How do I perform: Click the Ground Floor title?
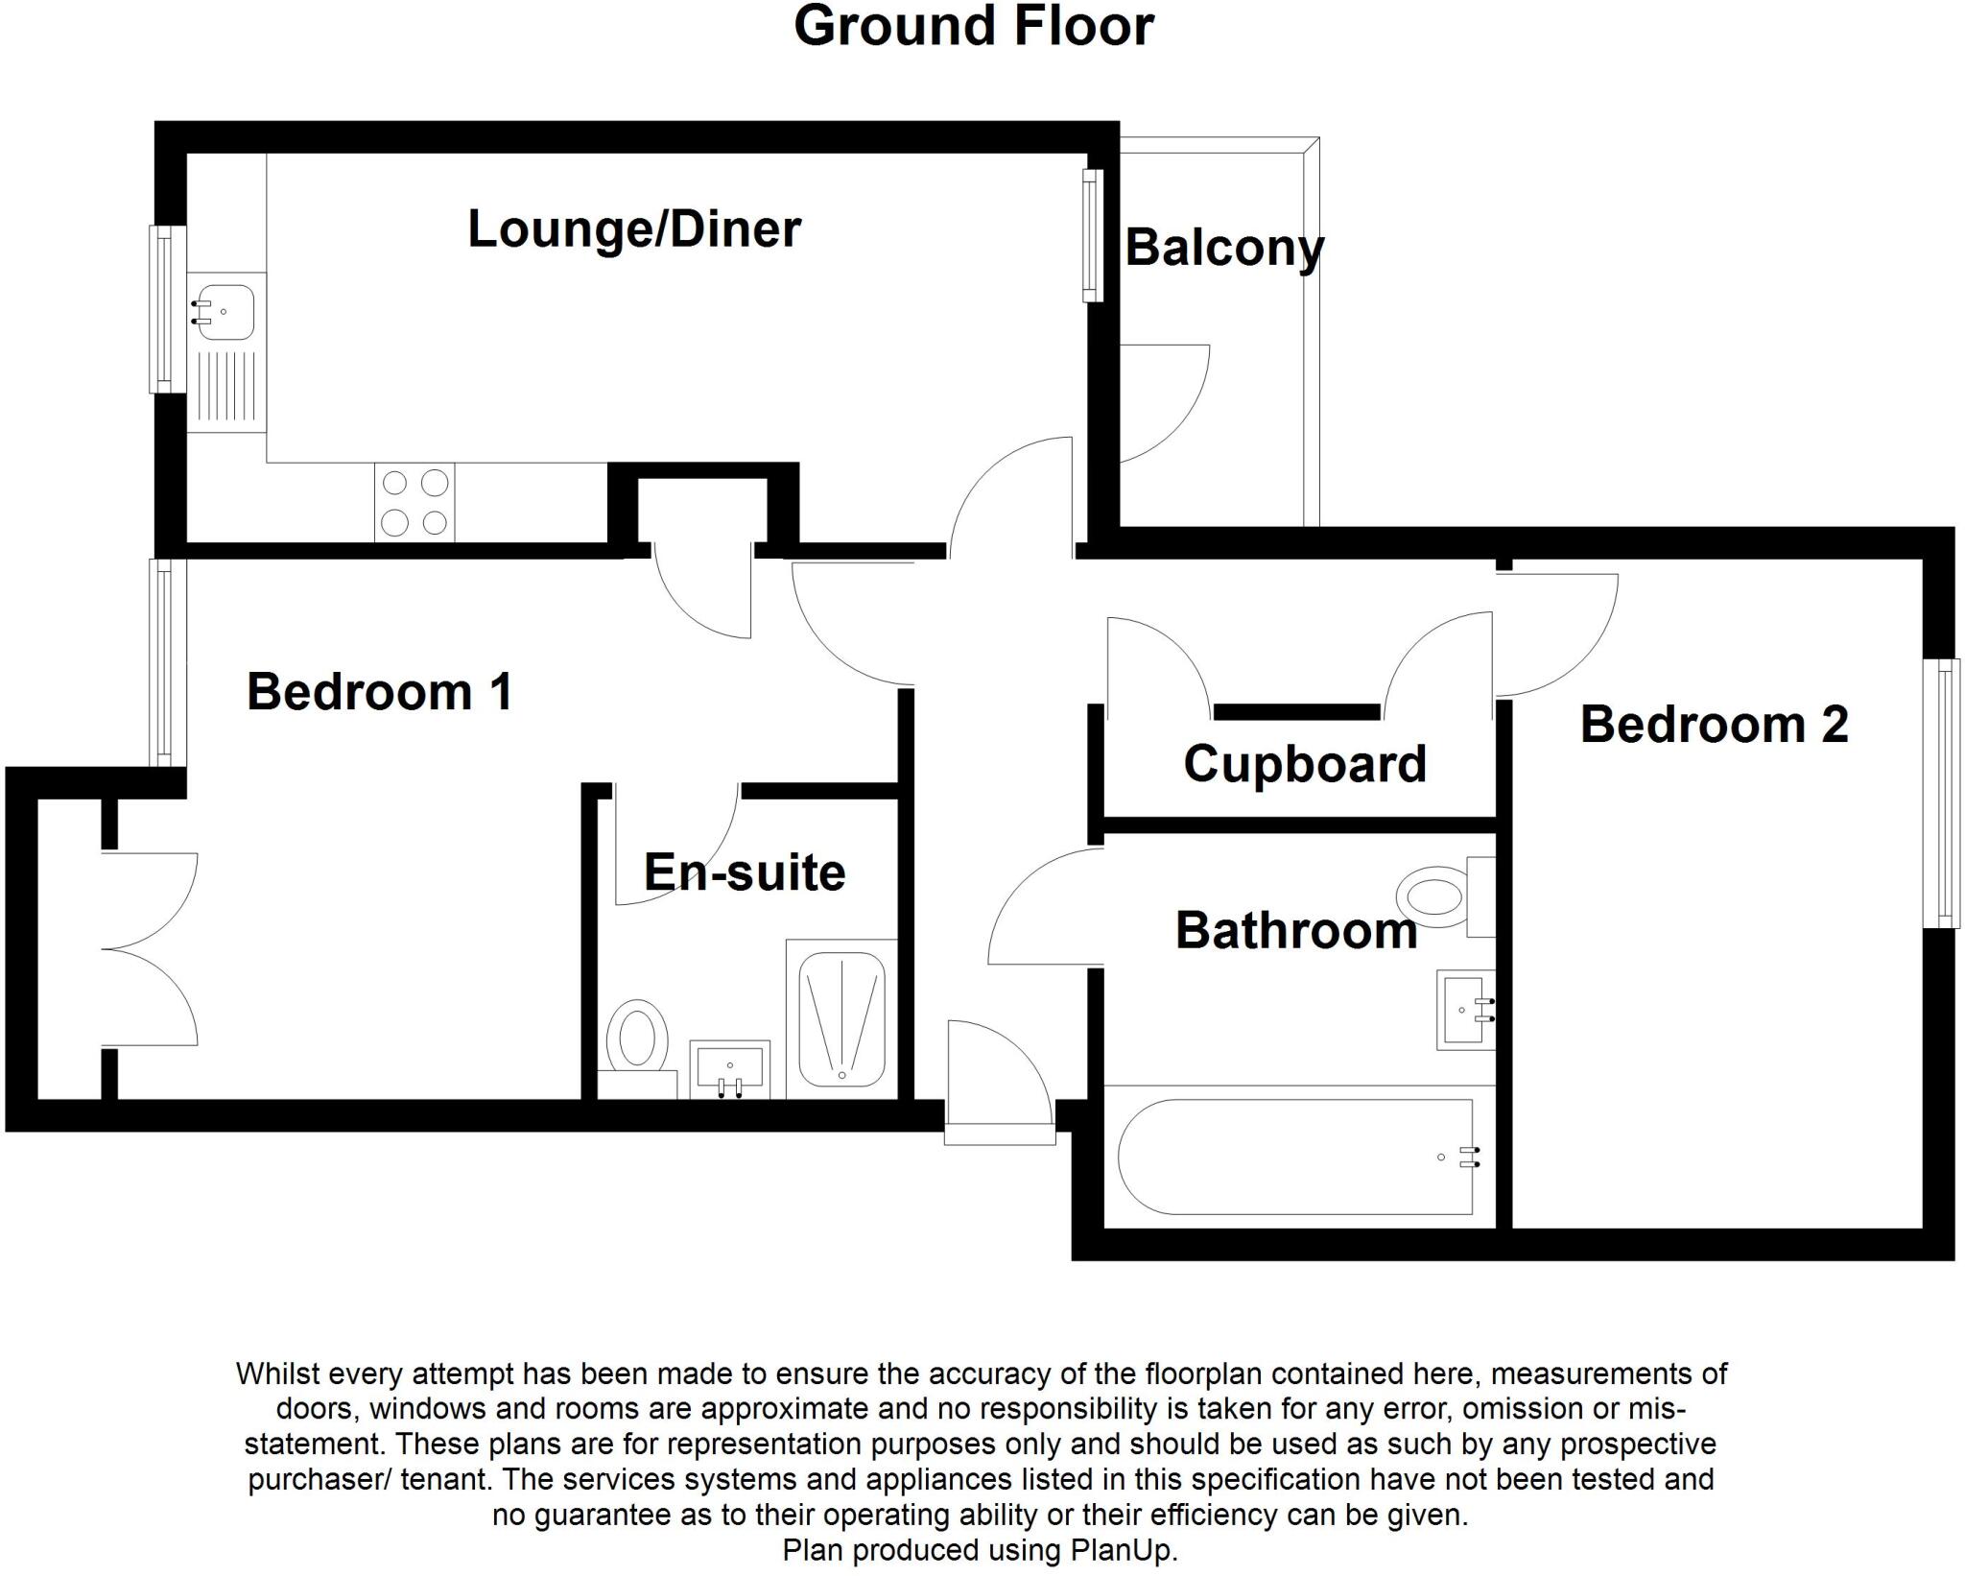coord(973,27)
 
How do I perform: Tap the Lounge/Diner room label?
coord(633,229)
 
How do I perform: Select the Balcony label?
coord(1223,248)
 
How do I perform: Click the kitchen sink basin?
coord(225,311)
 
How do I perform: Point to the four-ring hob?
coord(414,502)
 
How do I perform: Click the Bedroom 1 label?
coord(380,692)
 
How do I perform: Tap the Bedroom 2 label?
coord(1714,725)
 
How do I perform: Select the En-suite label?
coord(744,872)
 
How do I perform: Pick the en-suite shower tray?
coord(841,1019)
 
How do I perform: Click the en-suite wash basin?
coord(730,1067)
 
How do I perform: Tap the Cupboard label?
coord(1304,764)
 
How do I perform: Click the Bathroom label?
coord(1295,931)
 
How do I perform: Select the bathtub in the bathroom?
coord(1295,1157)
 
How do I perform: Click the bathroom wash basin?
coord(1464,1010)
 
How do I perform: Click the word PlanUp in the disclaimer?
coord(1123,1550)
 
